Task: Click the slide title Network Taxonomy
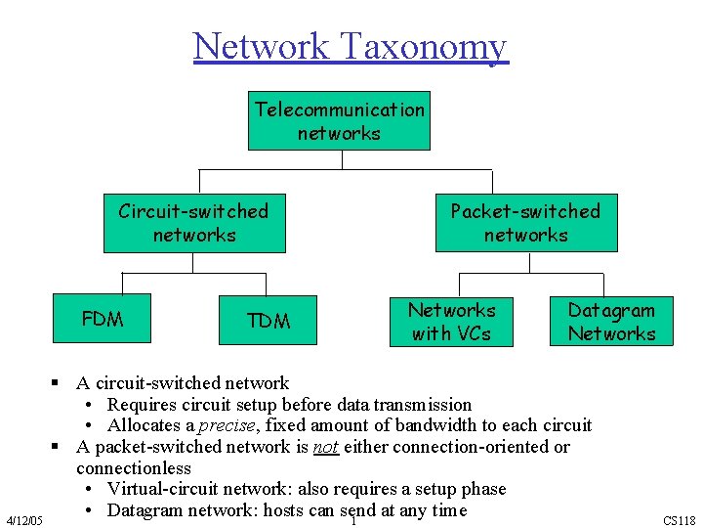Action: tap(351, 46)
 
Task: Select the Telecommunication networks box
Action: tap(339, 121)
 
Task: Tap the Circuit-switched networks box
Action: tap(194, 223)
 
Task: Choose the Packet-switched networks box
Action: tap(525, 223)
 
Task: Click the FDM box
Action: tap(103, 319)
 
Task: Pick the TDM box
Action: tap(269, 321)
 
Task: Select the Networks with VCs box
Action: tap(451, 322)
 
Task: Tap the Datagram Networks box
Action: tap(611, 322)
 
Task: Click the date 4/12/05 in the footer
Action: tap(23, 520)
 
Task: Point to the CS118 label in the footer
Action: tap(679, 520)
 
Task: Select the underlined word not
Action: tap(325, 447)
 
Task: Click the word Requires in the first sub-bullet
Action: tap(142, 404)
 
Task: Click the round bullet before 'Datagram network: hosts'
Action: tap(89, 510)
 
